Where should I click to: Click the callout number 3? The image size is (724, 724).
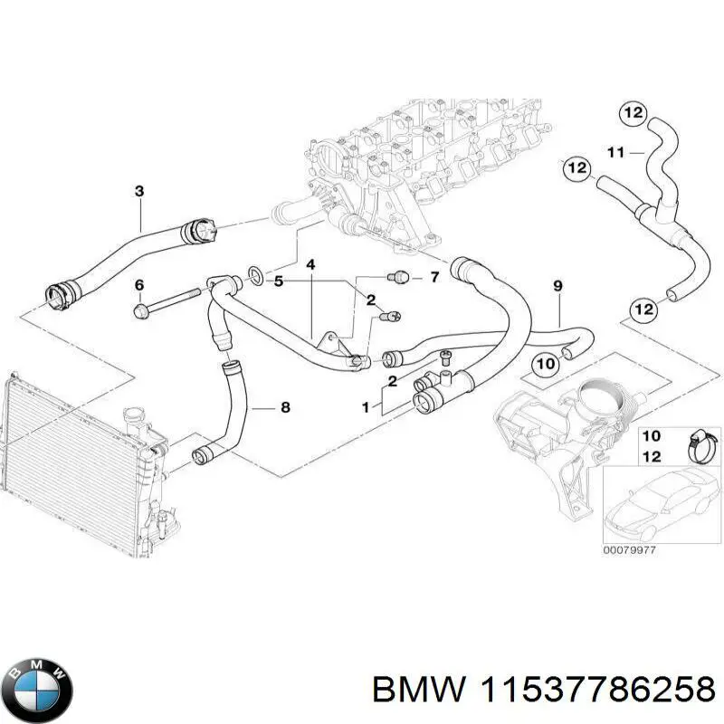[x=138, y=191]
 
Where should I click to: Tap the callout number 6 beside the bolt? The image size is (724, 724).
[x=138, y=285]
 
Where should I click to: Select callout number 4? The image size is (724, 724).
[x=310, y=265]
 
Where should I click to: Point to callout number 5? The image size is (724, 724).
[x=279, y=281]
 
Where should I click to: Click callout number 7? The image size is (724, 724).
[x=434, y=277]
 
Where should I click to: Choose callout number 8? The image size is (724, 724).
[x=285, y=408]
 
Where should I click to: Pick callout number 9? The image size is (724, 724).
[x=557, y=287]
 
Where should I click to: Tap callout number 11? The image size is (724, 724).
[x=615, y=152]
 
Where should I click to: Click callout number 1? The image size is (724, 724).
[x=366, y=408]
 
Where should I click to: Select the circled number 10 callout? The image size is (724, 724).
[x=545, y=364]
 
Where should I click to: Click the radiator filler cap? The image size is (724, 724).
[x=136, y=417]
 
